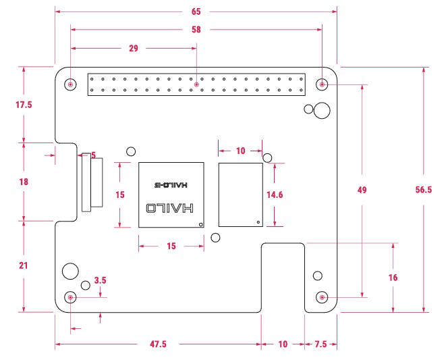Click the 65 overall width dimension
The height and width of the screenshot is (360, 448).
[x=196, y=11]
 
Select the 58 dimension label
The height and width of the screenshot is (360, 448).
[x=196, y=30]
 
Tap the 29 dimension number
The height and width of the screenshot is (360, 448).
[x=134, y=48]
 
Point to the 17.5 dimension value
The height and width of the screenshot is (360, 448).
[x=24, y=105]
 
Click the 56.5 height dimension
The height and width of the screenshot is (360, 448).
[x=424, y=190]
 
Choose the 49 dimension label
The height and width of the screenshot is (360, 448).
[x=362, y=190]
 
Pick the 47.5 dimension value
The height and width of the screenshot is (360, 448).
[x=158, y=344]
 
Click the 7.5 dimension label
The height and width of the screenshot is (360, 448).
[x=320, y=344]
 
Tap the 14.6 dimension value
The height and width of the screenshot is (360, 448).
[x=275, y=195]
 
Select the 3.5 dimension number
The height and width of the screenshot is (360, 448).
[x=101, y=280]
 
